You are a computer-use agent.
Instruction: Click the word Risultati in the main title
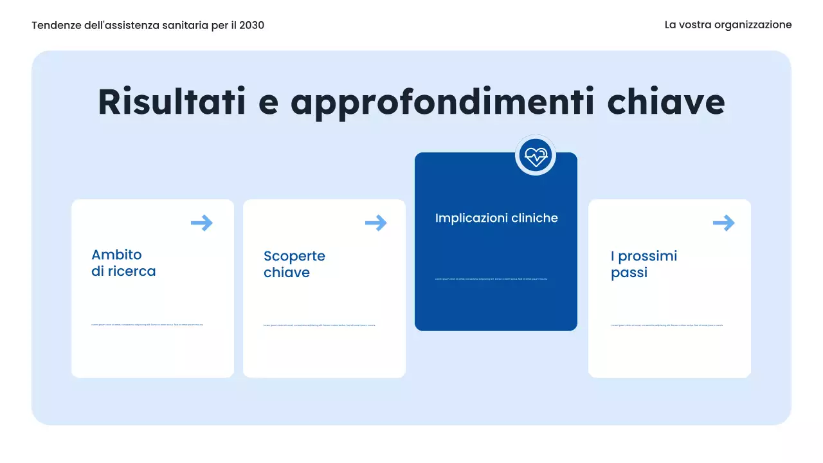(172, 102)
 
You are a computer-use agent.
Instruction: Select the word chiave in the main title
(666, 102)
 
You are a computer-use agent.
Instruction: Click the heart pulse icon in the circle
(535, 155)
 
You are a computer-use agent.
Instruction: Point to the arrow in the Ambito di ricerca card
(202, 223)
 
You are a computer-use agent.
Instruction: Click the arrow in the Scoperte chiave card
(376, 223)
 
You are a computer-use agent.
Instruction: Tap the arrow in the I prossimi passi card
(723, 223)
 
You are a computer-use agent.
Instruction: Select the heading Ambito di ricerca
(123, 263)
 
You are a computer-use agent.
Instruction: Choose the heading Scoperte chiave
(294, 264)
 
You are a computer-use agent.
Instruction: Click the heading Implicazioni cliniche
(496, 218)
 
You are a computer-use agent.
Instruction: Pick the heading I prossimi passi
(644, 264)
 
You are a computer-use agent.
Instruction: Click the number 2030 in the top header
(251, 25)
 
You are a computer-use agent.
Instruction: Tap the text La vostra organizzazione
(728, 25)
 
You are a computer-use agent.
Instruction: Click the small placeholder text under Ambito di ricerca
(147, 325)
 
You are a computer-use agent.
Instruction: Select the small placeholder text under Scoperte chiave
(319, 325)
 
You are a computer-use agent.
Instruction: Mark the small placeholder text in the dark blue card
(491, 279)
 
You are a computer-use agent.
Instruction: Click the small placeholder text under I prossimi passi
(667, 325)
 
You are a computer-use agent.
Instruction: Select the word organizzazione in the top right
(753, 25)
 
